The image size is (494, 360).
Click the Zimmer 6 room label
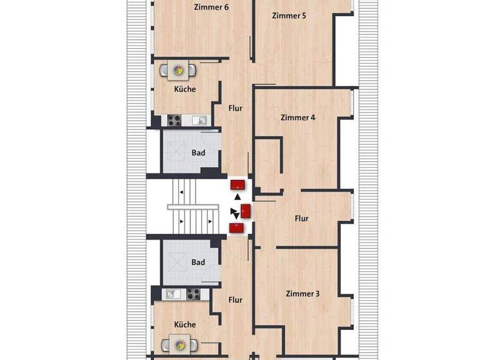[211, 8]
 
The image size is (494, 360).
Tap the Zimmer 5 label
[289, 15]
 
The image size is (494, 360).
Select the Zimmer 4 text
[298, 118]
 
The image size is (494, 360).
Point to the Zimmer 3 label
[302, 294]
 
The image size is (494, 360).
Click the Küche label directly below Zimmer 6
[184, 89]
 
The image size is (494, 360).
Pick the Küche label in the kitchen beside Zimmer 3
[185, 325]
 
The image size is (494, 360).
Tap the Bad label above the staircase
[198, 153]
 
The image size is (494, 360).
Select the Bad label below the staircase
[198, 262]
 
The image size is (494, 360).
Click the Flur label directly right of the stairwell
[301, 219]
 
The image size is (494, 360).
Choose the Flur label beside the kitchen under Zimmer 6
[235, 109]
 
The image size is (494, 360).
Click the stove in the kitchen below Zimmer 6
[174, 120]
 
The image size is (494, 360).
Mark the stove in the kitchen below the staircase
[194, 294]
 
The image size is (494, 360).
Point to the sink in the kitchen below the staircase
[172, 294]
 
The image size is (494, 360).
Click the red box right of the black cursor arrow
[246, 210]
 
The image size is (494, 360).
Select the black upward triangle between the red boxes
[238, 196]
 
